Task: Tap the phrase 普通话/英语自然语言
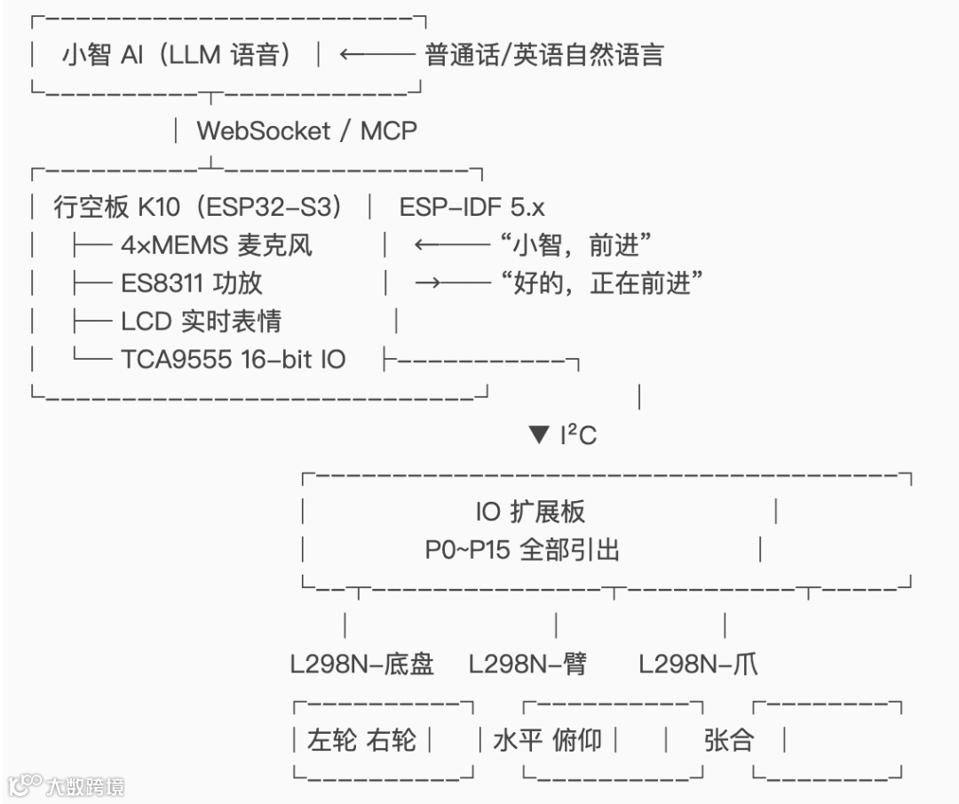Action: (x=544, y=55)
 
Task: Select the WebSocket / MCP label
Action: (x=306, y=131)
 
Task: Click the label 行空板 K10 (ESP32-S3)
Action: (x=197, y=207)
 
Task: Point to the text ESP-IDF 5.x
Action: (x=472, y=207)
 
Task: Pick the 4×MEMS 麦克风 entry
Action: (x=217, y=245)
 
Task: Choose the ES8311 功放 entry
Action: (x=192, y=283)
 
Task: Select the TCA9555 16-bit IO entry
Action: (x=234, y=359)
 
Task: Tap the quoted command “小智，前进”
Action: (x=576, y=245)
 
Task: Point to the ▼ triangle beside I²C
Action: (x=540, y=435)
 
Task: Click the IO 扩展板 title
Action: (x=530, y=512)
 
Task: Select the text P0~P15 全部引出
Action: (x=522, y=550)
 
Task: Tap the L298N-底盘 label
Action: (x=361, y=664)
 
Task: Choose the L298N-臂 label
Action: (x=527, y=664)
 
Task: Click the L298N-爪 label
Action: (x=699, y=664)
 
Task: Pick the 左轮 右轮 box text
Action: (x=361, y=740)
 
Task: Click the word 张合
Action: (x=728, y=740)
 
